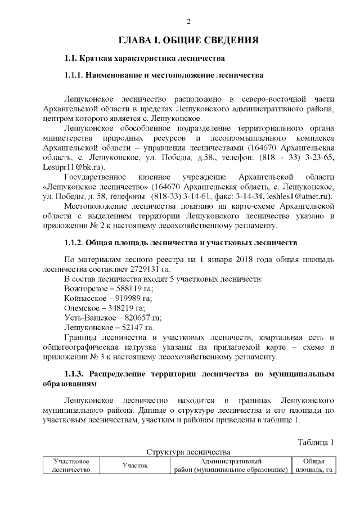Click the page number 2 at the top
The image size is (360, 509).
coord(188,21)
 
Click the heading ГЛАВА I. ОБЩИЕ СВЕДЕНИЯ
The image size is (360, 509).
coord(188,40)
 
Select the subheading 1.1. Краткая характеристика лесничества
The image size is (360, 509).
coord(145,58)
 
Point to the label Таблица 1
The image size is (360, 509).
coord(316,442)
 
